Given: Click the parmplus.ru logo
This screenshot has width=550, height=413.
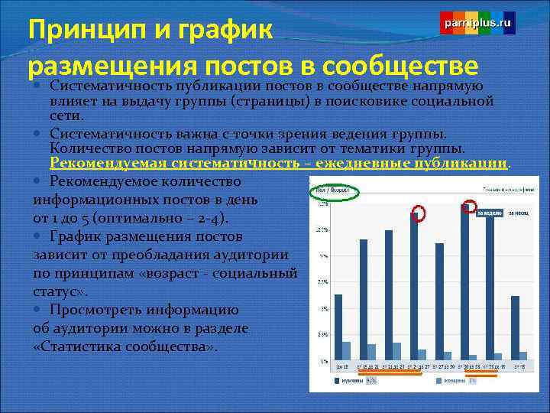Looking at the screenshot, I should click(x=477, y=24).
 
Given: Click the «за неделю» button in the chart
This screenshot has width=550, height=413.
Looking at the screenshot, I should click(x=490, y=213).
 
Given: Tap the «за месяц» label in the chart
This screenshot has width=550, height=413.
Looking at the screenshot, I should click(x=519, y=213).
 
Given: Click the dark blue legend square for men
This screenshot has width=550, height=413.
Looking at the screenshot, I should click(x=337, y=380).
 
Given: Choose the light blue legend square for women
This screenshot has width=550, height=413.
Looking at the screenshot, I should click(x=439, y=380).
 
